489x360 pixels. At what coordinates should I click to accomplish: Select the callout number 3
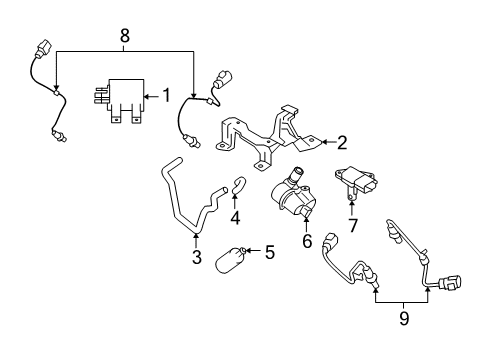(196, 258)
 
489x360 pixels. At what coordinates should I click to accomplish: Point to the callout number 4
(235, 216)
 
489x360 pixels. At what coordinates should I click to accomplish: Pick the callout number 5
(269, 252)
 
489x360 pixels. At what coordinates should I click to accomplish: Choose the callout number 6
(306, 242)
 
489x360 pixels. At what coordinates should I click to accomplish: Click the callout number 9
(403, 318)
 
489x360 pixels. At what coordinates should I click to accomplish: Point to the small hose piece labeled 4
(238, 185)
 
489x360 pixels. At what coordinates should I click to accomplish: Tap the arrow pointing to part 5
(252, 251)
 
